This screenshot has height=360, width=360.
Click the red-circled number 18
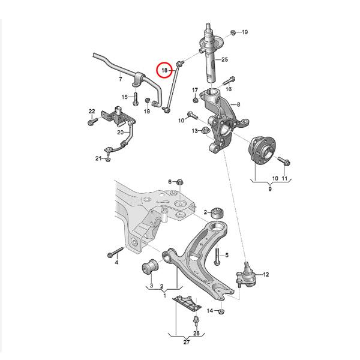[x=164, y=71]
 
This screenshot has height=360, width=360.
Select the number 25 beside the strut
[x=225, y=59]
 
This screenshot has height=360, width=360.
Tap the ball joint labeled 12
[x=247, y=275]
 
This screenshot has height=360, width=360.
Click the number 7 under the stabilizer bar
[x=120, y=79]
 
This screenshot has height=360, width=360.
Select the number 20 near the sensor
[x=120, y=132]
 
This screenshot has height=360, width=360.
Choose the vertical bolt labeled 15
[x=137, y=97]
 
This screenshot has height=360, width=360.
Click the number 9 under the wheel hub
[x=269, y=189]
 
